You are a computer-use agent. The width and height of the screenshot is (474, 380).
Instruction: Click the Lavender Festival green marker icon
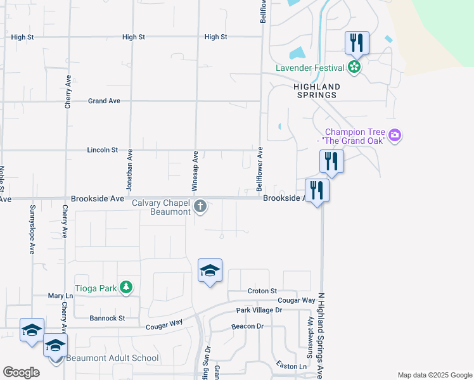coord(354,67)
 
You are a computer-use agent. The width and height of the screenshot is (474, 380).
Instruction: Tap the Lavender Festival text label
coord(310,68)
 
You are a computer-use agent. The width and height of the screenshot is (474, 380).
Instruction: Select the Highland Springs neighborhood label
coord(316,91)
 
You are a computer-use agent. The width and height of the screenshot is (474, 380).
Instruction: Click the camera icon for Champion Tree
coord(395,135)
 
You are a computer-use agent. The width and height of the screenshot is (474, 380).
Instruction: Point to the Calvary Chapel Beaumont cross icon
coord(200,206)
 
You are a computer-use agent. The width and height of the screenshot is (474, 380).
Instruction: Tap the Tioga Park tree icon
coord(127,288)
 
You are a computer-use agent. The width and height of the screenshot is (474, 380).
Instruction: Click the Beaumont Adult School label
coord(111,358)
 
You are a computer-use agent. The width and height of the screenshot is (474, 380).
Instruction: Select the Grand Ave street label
coord(104,101)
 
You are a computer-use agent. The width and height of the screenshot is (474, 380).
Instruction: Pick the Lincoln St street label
coord(102,150)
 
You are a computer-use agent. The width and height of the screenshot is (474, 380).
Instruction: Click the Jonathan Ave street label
coord(129,170)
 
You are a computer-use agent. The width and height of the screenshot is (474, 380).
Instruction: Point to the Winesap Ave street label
coord(196,171)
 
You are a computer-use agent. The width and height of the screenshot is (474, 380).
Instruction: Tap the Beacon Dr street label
coord(247,326)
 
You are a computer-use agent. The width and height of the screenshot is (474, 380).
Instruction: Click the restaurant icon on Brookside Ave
coord(317,191)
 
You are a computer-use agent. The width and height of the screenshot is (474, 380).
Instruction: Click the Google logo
coord(21,372)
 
